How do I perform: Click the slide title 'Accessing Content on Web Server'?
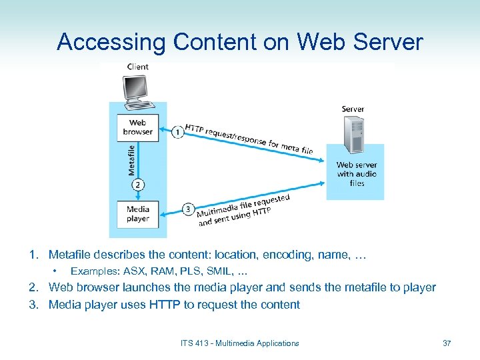click(x=240, y=42)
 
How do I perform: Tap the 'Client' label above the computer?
click(x=137, y=67)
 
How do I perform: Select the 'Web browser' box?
click(x=137, y=127)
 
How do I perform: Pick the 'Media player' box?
click(x=137, y=213)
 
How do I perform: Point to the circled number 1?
click(x=178, y=133)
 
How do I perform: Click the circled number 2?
click(x=137, y=185)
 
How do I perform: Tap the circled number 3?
click(x=188, y=209)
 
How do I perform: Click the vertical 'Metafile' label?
click(x=131, y=161)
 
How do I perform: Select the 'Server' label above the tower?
click(x=353, y=109)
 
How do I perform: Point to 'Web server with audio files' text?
click(x=357, y=174)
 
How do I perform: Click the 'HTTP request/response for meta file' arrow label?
click(x=249, y=140)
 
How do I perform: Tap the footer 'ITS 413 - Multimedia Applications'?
click(x=239, y=343)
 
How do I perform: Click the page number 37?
click(x=447, y=343)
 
